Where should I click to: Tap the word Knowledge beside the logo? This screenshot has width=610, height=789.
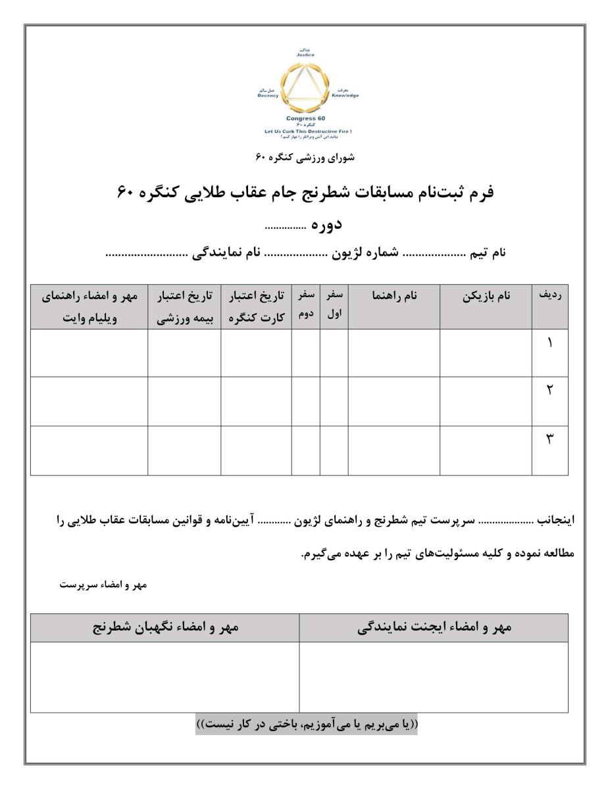click(x=345, y=95)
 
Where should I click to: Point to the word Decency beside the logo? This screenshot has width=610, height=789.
click(x=268, y=95)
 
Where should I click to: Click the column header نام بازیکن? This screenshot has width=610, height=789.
click(x=486, y=297)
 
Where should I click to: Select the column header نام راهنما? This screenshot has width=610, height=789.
click(x=394, y=297)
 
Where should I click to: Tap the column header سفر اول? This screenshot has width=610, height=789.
click(x=334, y=306)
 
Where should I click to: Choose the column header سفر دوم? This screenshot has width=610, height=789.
click(x=306, y=306)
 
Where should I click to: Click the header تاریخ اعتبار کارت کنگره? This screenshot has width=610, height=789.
click(x=256, y=306)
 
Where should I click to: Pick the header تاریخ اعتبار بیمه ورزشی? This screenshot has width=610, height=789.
click(x=184, y=306)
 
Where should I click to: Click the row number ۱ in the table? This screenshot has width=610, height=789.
click(x=549, y=345)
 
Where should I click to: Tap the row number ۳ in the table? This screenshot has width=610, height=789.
click(x=549, y=439)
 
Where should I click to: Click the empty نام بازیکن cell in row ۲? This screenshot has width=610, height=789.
click(x=486, y=401)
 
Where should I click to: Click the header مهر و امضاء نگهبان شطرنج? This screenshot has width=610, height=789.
click(x=165, y=627)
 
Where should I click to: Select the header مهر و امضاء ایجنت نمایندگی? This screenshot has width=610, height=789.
click(x=434, y=627)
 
